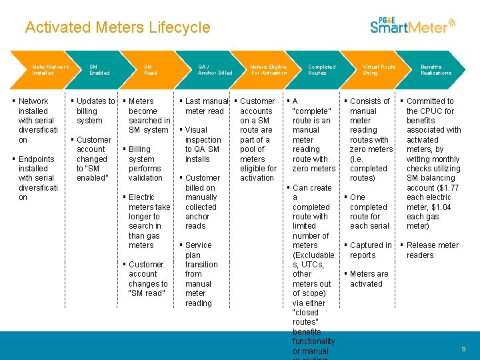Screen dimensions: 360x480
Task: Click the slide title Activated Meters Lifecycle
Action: [117, 27]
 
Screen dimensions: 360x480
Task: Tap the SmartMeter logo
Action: [412, 25]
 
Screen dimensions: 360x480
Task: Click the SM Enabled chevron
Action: [99, 69]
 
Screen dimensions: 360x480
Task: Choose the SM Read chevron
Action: [151, 69]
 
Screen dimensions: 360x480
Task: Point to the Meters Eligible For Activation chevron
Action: [269, 69]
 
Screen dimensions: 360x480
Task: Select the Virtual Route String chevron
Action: [379, 69]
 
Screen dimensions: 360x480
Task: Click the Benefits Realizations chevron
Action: [436, 69]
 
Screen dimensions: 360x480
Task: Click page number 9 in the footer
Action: [463, 349]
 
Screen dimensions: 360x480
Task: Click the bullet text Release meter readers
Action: [432, 250]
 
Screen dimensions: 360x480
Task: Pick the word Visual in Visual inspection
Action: [196, 130]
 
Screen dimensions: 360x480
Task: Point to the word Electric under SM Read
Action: [141, 197]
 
